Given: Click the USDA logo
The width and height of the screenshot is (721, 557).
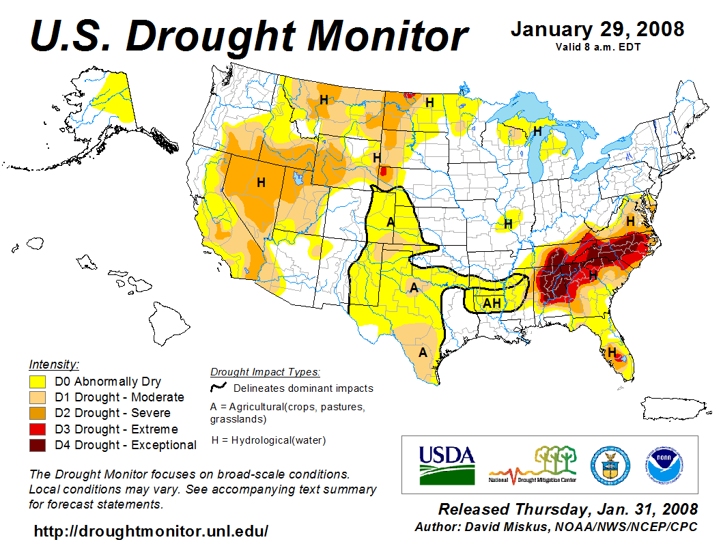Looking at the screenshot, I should point(447,465).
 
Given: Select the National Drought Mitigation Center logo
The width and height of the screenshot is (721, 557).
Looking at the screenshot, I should point(533,466).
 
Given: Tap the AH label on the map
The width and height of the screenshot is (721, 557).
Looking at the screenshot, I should point(492,303).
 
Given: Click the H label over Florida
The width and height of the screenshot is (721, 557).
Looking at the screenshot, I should point(612,352).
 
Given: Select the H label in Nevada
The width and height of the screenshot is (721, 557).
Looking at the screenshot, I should point(260,182).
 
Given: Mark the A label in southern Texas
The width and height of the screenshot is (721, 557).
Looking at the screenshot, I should point(423,353).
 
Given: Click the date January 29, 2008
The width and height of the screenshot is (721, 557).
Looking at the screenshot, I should point(597,29).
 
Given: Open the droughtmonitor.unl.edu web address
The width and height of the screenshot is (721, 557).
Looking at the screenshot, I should point(151,530).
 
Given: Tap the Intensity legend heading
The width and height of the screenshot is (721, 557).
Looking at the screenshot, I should point(54,364).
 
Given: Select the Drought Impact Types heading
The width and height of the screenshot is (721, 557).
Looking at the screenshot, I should point(265,372).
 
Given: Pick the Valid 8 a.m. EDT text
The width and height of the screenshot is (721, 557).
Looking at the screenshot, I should point(597,46).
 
